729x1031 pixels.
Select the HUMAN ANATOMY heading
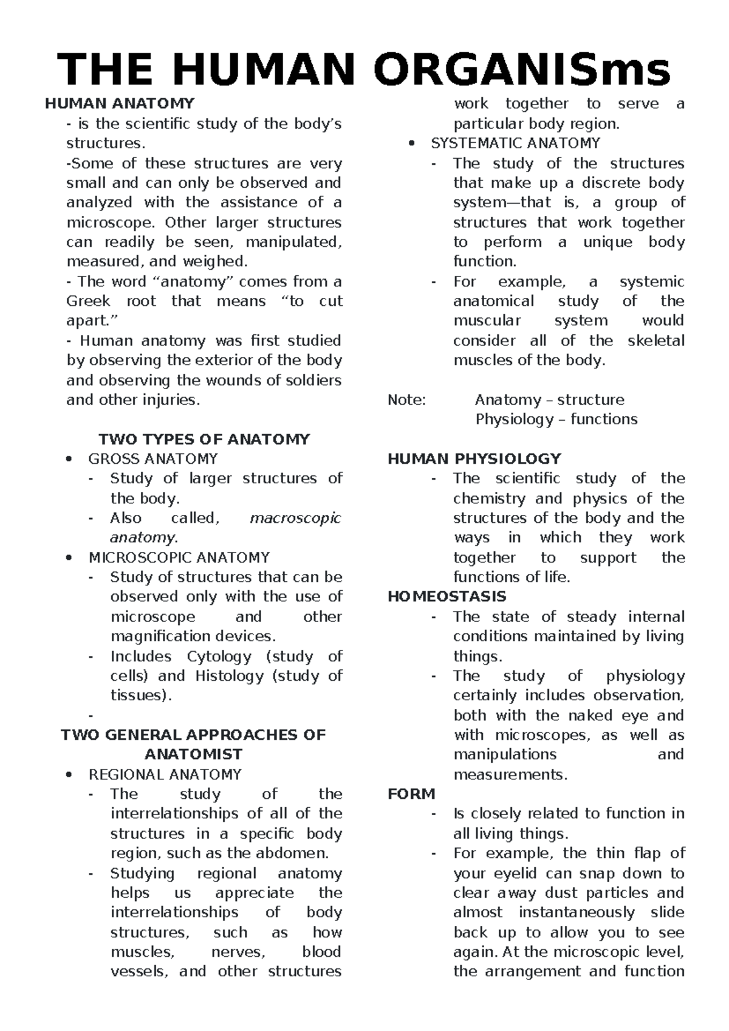120,104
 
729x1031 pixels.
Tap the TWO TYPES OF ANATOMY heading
204,439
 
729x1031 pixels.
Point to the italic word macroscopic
295,519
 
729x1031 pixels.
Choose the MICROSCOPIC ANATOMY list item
179,557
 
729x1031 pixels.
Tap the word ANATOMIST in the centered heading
193,754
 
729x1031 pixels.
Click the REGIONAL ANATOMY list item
165,774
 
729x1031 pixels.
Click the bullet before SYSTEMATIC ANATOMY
412,144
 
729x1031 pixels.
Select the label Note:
407,400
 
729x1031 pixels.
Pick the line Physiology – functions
556,419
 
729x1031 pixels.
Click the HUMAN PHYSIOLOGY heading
474,459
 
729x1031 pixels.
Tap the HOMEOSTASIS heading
447,597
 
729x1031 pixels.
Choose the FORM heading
411,794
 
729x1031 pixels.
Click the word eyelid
507,874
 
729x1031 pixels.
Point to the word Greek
88,302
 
